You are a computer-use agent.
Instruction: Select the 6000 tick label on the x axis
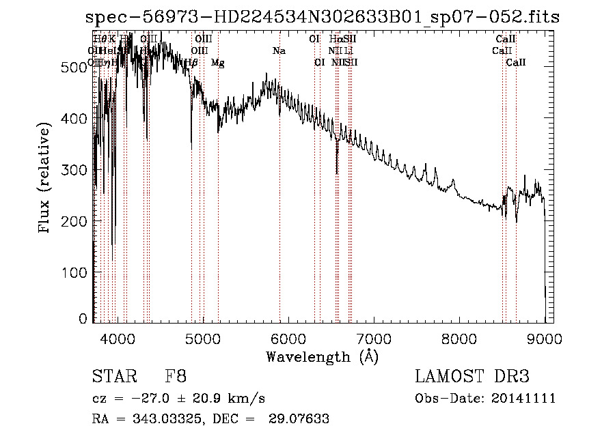point(288,337)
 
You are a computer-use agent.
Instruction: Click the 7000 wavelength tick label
point(374,337)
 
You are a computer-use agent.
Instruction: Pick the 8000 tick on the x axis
point(459,337)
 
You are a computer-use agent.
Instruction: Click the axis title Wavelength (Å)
point(322,356)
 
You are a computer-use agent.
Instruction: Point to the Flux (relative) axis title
point(46,179)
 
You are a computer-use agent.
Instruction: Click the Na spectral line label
point(279,51)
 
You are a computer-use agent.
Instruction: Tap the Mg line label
point(217,63)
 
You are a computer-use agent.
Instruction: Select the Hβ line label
point(191,63)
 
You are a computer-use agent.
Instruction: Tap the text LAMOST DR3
point(472,377)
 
